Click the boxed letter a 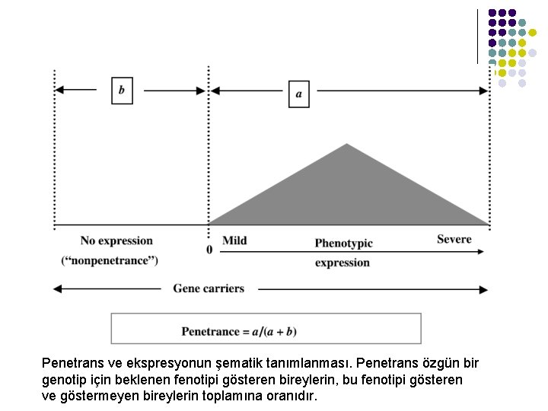click(298, 94)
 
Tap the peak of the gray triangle click(347, 145)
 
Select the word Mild click(234, 241)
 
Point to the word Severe click(454, 239)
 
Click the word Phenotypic click(343, 243)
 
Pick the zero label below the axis click(209, 250)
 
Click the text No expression click(116, 241)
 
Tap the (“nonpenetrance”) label click(110, 261)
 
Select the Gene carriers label click(209, 288)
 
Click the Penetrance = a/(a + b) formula click(239, 331)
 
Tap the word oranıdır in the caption click(292, 397)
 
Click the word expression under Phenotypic click(342, 263)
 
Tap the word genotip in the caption click(63, 380)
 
